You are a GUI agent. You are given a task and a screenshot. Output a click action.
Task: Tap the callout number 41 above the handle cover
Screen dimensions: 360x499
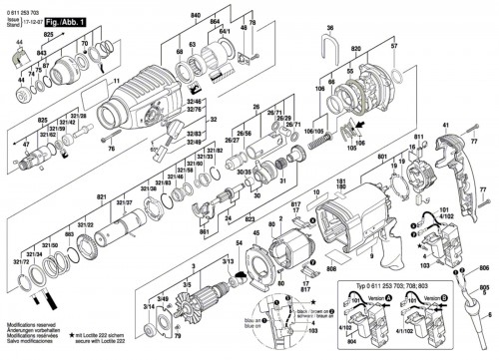coord(445,125)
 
